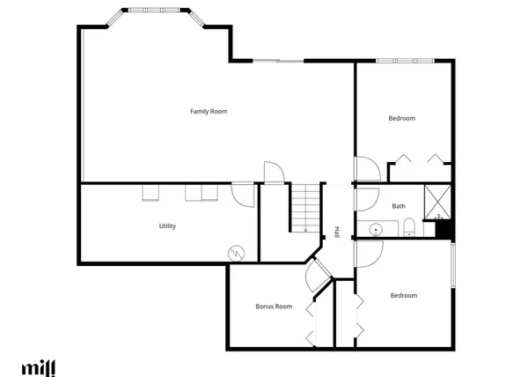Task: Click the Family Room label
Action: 209,111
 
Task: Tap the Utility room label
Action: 167,226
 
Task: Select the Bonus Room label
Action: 273,307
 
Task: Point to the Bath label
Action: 399,206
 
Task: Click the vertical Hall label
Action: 336,233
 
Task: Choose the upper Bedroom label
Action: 402,118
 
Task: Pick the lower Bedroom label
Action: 404,295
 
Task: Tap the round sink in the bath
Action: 376,230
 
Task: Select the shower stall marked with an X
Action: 437,201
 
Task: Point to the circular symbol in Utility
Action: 235,252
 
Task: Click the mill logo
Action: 38,366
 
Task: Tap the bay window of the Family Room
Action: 155,13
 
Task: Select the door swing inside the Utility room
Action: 243,193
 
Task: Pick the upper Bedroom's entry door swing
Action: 366,167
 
